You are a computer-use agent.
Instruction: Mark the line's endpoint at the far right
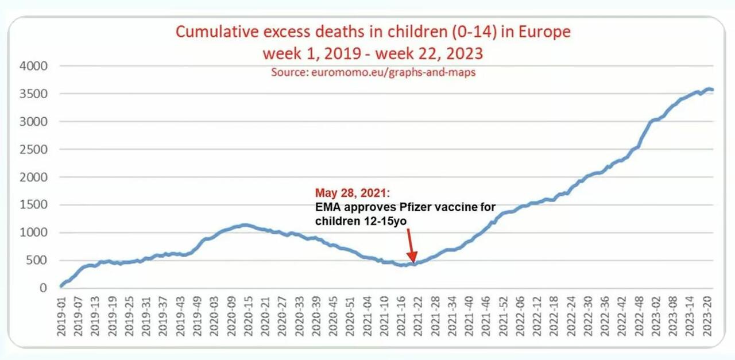click(713, 90)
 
